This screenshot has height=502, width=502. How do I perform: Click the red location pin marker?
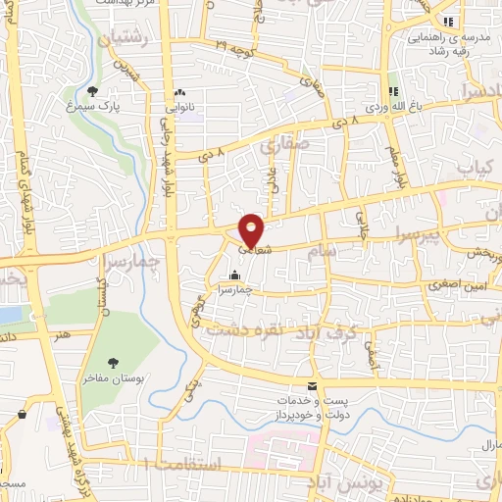(252, 229)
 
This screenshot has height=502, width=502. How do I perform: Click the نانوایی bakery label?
(179, 103)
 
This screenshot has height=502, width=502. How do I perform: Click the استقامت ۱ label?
(181, 460)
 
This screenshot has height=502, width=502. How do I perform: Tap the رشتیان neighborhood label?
(123, 35)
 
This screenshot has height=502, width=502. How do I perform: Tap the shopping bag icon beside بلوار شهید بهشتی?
(21, 415)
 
